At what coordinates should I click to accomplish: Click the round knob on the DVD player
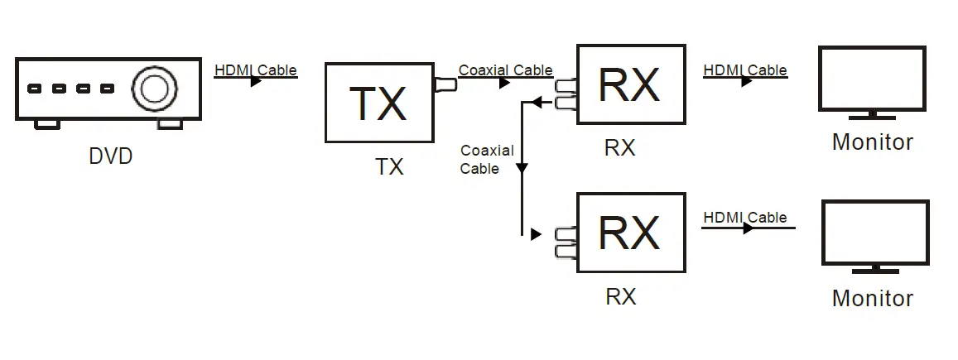click(155, 89)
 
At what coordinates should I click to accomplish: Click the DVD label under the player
click(111, 156)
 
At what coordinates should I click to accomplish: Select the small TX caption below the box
click(389, 166)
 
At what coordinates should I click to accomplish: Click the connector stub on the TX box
click(445, 84)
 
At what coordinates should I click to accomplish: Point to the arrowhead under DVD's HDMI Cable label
click(256, 81)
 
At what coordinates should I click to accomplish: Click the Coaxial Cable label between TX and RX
click(505, 70)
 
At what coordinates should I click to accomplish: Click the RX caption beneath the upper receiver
click(619, 147)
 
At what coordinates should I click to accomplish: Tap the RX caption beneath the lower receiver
click(621, 296)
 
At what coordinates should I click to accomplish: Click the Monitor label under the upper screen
click(873, 142)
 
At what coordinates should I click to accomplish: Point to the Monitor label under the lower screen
click(873, 298)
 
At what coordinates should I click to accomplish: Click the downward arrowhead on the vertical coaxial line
click(522, 168)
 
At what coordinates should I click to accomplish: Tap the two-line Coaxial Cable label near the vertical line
click(487, 159)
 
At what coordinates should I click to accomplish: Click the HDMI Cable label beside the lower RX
click(744, 217)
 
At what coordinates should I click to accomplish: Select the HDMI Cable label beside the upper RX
click(744, 70)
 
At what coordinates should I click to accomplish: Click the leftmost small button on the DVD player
click(35, 89)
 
